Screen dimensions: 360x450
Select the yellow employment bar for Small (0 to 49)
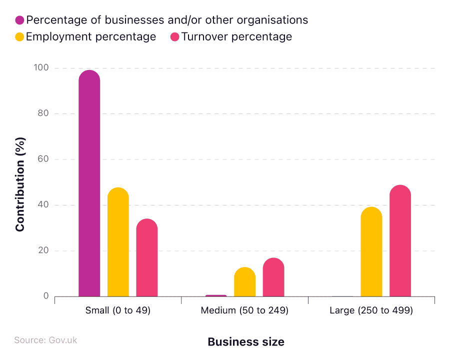click(118, 242)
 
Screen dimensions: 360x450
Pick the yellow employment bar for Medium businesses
click(244, 282)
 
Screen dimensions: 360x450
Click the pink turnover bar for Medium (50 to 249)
click(273, 277)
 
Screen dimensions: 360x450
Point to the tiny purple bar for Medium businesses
click(216, 295)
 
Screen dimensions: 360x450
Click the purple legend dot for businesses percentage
click(20, 20)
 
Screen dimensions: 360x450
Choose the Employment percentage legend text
click(91, 36)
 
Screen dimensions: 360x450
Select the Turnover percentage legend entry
click(236, 36)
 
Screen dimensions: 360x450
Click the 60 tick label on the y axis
click(43, 159)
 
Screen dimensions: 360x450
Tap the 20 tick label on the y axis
click(43, 250)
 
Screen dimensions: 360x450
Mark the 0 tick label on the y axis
click(46, 296)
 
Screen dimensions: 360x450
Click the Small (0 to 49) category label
click(118, 310)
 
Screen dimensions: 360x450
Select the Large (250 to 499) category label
click(371, 310)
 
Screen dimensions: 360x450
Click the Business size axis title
click(245, 342)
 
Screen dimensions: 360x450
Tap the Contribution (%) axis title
click(20, 184)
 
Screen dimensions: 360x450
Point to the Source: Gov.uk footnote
click(45, 340)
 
